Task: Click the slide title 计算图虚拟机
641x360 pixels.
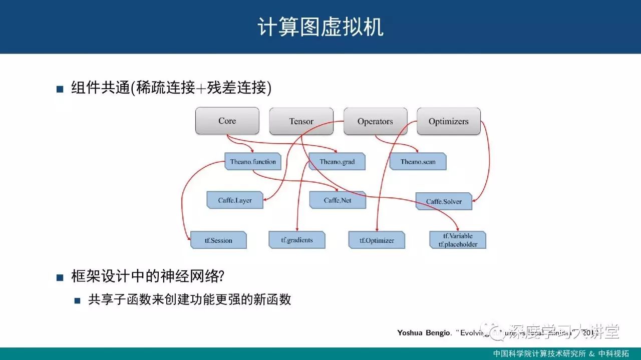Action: click(320, 27)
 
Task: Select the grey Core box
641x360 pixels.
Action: click(227, 121)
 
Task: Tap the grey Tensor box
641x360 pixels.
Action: click(301, 121)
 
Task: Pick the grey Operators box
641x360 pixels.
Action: click(375, 121)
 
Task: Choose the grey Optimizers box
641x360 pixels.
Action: click(449, 121)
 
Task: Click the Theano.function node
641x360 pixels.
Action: click(253, 162)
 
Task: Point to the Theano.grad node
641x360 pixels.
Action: click(337, 162)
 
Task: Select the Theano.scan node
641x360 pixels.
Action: click(418, 162)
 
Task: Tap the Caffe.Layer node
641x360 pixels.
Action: click(235, 200)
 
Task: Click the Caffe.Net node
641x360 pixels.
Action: click(338, 200)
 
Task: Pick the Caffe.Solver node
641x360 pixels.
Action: click(444, 201)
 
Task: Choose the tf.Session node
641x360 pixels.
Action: click(218, 240)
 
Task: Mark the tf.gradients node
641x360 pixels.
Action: click(297, 240)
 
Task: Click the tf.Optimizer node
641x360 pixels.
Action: click(377, 240)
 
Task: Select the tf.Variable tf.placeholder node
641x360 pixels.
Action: click(458, 240)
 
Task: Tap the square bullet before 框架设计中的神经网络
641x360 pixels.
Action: click(60, 277)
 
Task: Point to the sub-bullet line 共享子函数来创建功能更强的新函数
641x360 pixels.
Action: click(189, 300)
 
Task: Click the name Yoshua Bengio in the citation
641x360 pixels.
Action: click(423, 333)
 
